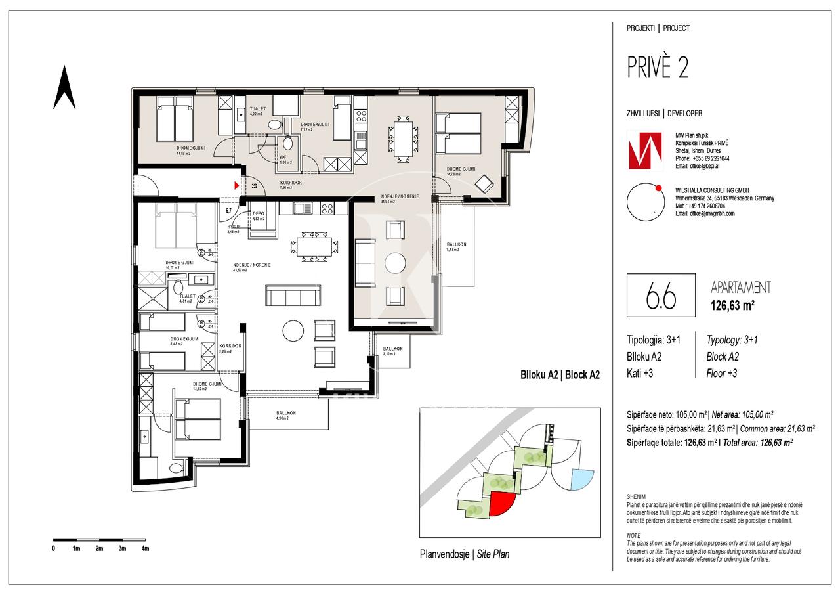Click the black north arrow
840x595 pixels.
click(x=64, y=89)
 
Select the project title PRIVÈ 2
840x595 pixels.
click(x=658, y=68)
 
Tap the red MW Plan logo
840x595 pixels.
click(x=644, y=149)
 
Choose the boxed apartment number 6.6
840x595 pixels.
click(x=661, y=297)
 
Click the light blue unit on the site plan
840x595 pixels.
click(x=581, y=478)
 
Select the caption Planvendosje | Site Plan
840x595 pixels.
click(x=464, y=554)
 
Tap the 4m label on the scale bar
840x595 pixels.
click(x=145, y=548)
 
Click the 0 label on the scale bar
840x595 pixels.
click(x=54, y=548)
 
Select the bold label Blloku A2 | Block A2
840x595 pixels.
click(x=560, y=375)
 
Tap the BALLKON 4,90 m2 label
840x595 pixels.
click(x=285, y=415)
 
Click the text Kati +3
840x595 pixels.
click(x=640, y=374)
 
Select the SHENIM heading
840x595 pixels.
click(x=636, y=497)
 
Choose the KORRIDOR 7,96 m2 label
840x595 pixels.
click(x=290, y=185)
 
